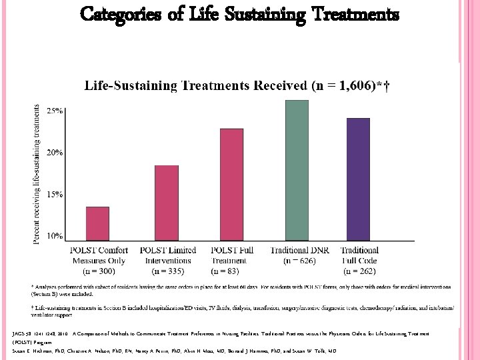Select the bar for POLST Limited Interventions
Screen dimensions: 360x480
pos(167,203)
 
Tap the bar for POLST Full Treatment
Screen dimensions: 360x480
pos(231,184)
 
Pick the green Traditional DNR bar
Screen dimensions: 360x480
pos(297,170)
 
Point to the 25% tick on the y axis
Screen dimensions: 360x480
pos(55,111)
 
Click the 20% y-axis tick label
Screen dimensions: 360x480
pos(55,152)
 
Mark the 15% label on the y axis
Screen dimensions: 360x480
pos(55,194)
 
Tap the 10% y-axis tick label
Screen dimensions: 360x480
pos(55,235)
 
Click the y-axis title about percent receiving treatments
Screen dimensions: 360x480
pos(37,173)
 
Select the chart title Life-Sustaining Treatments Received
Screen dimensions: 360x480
pos(236,86)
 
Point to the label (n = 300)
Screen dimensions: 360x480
pos(98,271)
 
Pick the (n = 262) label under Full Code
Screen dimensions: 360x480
pos(359,271)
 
